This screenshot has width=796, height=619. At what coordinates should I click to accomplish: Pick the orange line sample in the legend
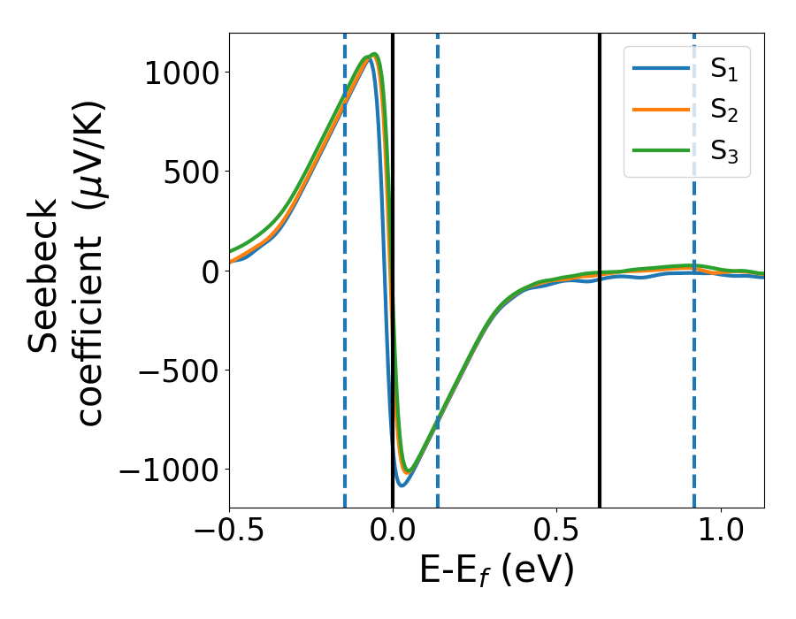click(x=662, y=110)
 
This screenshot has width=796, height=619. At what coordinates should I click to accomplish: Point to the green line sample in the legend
click(x=662, y=149)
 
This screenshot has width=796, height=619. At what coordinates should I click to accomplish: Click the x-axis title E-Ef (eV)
click(x=496, y=571)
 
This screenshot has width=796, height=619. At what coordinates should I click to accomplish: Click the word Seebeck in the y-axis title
click(x=45, y=275)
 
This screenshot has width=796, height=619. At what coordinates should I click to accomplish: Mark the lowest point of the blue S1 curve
click(x=402, y=485)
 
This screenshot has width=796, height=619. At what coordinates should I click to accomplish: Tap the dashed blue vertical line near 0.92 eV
click(x=694, y=398)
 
